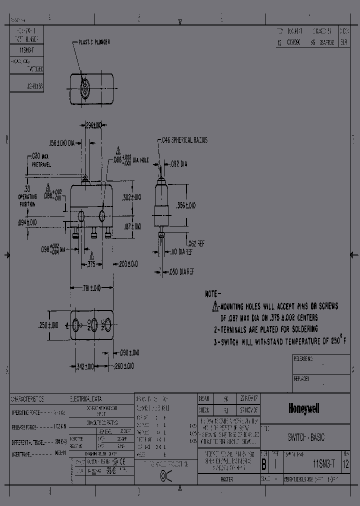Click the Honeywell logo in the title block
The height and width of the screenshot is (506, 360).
click(x=304, y=409)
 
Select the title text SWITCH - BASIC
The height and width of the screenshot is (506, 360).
click(x=306, y=437)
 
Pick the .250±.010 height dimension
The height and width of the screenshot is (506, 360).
click(x=48, y=325)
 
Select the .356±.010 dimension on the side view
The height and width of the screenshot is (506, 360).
click(x=186, y=205)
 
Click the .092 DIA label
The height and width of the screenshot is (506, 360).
click(x=178, y=163)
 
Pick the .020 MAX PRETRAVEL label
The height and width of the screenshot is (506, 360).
click(x=37, y=159)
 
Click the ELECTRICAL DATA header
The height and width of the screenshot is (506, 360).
click(x=86, y=399)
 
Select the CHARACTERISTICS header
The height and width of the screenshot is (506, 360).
click(x=27, y=399)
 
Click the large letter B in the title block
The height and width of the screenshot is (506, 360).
click(x=264, y=463)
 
